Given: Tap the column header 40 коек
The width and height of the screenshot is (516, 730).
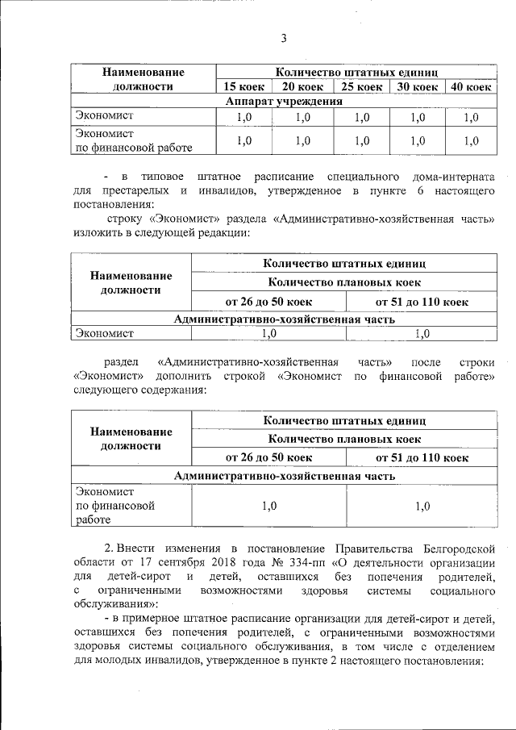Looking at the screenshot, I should click(470, 87).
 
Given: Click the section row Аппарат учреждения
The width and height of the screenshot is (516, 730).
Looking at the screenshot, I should click(284, 102).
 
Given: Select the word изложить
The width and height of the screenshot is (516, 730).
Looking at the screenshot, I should click(98, 232).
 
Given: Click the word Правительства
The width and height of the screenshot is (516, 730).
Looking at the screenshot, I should click(369, 549).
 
